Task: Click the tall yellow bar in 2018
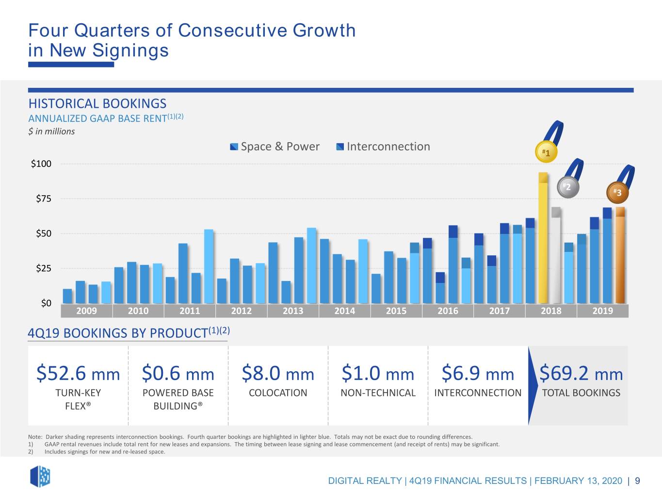(x=543, y=238)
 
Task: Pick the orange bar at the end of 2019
(x=620, y=255)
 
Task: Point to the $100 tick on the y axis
(x=41, y=164)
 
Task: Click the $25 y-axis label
(x=44, y=268)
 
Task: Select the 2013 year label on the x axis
(x=293, y=311)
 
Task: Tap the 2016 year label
(x=448, y=311)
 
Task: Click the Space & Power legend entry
(x=275, y=147)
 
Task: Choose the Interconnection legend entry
(x=383, y=147)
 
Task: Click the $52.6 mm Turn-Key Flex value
(x=78, y=373)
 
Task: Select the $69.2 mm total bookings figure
(x=581, y=373)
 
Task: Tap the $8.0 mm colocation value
(x=278, y=373)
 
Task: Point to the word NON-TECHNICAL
(x=378, y=393)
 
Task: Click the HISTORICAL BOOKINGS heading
(x=97, y=104)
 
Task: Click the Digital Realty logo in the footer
(x=40, y=477)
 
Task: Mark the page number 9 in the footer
(x=637, y=480)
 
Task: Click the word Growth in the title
(x=324, y=31)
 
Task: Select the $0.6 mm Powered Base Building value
(x=178, y=373)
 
